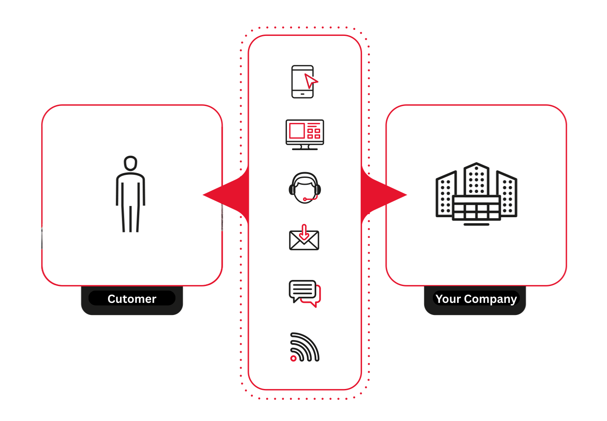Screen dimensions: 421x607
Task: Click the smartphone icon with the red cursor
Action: [302, 82]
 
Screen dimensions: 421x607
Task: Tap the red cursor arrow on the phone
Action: [310, 80]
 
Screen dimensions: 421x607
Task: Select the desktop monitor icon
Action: [305, 135]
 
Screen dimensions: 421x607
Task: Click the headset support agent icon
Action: [305, 188]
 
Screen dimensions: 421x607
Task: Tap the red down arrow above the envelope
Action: [304, 232]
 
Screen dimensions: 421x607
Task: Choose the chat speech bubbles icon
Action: [305, 293]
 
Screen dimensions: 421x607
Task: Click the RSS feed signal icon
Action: [305, 347]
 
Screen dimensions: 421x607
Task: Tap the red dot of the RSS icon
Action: [293, 358]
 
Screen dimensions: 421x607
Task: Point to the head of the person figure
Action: [130, 163]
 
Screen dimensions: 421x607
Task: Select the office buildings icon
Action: [476, 194]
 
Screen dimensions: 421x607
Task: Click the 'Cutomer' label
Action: [132, 299]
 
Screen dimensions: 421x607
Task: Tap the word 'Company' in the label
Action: [490, 299]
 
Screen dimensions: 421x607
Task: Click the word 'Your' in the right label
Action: [448, 299]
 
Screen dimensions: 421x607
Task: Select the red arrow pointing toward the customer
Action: [225, 195]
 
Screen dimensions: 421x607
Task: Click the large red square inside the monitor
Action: [297, 131]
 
